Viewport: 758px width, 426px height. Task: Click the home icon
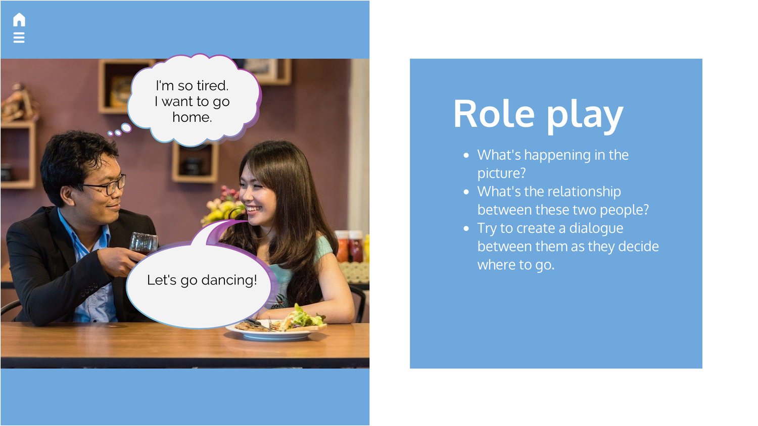[19, 20]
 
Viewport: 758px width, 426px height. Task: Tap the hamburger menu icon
[19, 37]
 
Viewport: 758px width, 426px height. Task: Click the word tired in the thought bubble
[213, 85]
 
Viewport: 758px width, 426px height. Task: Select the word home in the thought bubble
[192, 117]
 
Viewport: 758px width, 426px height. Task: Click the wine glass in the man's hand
[144, 244]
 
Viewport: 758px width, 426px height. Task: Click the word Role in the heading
[494, 114]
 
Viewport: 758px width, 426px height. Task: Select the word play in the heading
[585, 117]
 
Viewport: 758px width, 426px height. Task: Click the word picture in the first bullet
[501, 173]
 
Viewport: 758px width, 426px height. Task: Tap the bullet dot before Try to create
[466, 228]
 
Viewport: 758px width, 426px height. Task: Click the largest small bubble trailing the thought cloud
[126, 127]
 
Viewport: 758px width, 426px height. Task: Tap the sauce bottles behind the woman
[351, 246]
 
